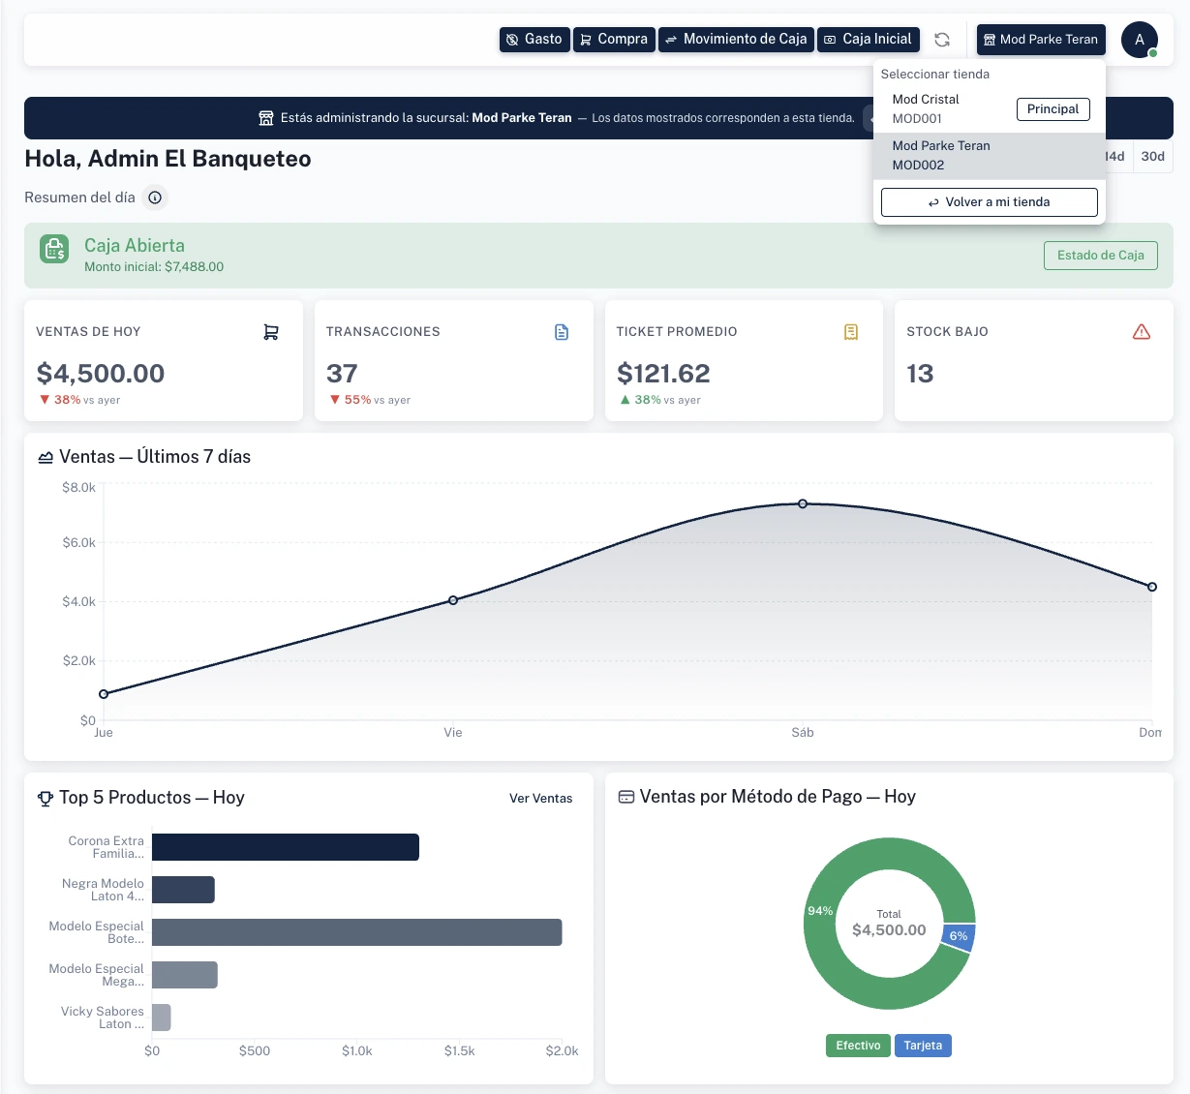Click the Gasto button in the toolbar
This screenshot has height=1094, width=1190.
pyautogui.click(x=534, y=40)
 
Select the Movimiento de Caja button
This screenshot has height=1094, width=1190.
pyautogui.click(x=736, y=40)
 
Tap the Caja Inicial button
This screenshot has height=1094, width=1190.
pyautogui.click(x=869, y=40)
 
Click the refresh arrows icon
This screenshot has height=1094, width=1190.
pyautogui.click(x=942, y=40)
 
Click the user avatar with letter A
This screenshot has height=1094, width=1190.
pyautogui.click(x=1140, y=40)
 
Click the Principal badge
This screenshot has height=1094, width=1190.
pyautogui.click(x=1053, y=109)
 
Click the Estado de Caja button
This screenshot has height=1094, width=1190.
pyautogui.click(x=1100, y=256)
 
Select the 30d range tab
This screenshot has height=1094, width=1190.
pyautogui.click(x=1152, y=157)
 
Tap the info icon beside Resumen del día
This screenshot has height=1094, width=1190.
pyautogui.click(x=155, y=198)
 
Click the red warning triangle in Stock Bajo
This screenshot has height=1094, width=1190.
pyautogui.click(x=1142, y=332)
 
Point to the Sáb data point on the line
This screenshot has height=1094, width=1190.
pyautogui.click(x=803, y=503)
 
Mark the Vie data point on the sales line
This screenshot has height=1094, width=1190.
pyautogui.click(x=453, y=600)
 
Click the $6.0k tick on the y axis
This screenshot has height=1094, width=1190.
pyautogui.click(x=79, y=543)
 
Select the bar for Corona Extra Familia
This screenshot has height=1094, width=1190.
pyautogui.click(x=285, y=847)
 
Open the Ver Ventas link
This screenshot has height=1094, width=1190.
pyautogui.click(x=540, y=799)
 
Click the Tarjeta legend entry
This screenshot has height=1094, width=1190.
pyautogui.click(x=923, y=1046)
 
